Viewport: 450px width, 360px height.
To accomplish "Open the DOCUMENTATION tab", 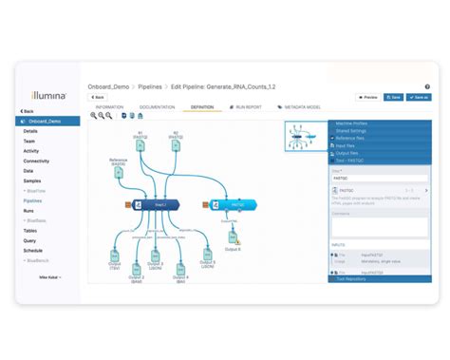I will [x=158, y=107].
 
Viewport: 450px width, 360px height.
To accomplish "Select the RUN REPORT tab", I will [x=249, y=107].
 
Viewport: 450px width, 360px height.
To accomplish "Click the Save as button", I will [x=419, y=97].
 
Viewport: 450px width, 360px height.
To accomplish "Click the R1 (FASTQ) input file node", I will [x=139, y=142].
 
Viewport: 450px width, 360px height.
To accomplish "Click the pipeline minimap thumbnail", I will [x=304, y=137].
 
